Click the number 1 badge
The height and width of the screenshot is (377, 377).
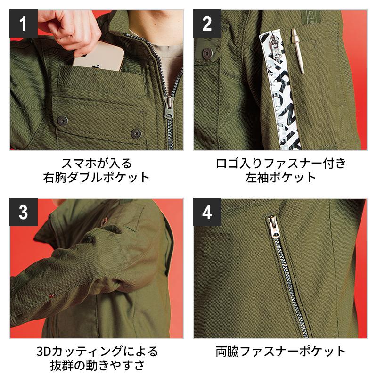24,24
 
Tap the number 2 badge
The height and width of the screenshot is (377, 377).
207,24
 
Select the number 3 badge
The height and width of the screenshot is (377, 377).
24,212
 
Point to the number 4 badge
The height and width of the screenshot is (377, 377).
207,212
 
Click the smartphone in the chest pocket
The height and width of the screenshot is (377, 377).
98,57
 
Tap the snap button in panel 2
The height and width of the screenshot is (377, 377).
207,53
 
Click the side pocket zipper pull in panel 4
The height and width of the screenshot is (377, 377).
273,227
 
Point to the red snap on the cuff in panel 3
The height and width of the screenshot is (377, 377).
51,295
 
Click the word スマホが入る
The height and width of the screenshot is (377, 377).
97,163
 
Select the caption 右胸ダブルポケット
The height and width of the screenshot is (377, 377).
97,178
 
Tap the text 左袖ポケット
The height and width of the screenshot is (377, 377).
280,178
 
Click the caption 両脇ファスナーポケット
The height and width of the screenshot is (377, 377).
280,352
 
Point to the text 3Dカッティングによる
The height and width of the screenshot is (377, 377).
97,352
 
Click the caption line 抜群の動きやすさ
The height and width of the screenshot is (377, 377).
97,366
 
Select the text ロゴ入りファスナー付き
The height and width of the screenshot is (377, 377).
280,163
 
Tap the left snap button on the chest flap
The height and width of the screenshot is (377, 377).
63,121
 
